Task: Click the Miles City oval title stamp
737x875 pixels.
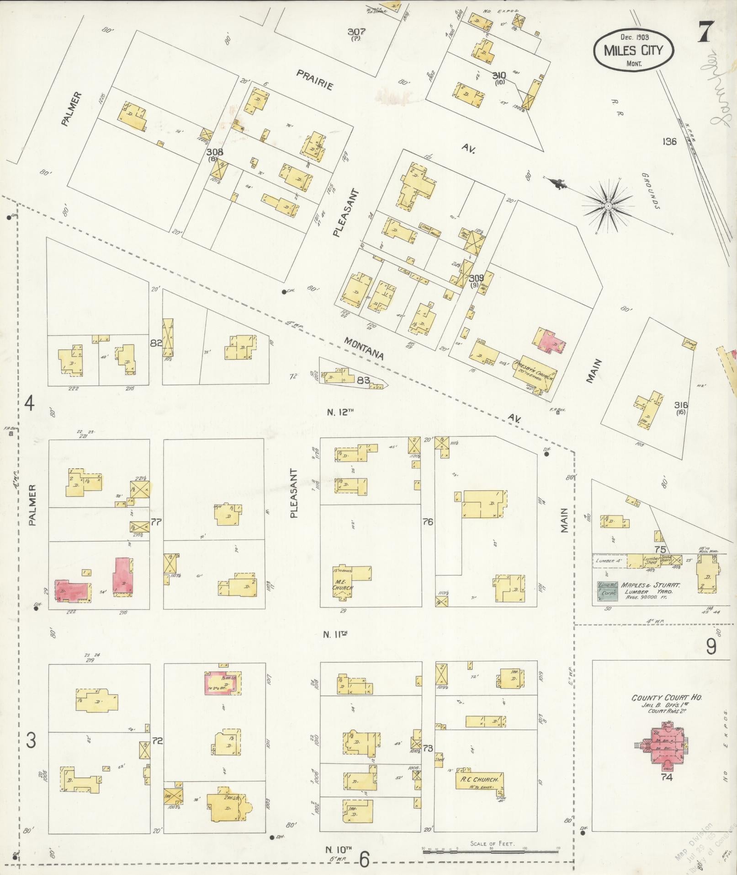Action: click(633, 50)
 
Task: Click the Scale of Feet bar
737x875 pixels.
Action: click(492, 850)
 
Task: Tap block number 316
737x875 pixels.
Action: click(681, 405)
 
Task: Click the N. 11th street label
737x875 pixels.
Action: click(336, 634)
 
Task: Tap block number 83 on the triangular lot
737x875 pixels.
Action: click(363, 379)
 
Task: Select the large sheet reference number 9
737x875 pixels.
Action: click(711, 647)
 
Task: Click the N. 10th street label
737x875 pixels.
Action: click(338, 849)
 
